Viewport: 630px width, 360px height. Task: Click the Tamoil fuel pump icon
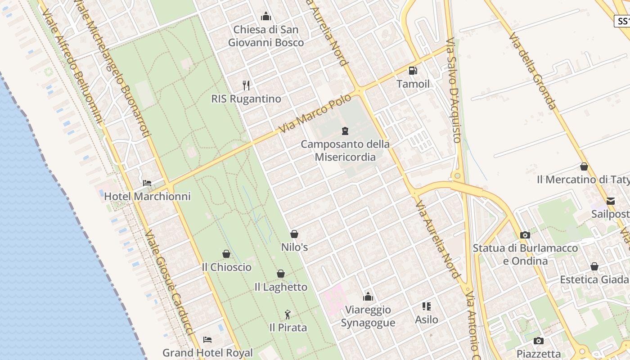413,71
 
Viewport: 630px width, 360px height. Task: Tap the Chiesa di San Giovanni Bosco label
266,36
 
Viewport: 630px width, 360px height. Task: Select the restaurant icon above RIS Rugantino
246,85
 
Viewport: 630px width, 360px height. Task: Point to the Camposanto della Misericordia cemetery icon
345,131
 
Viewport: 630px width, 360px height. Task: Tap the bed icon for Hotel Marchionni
147,183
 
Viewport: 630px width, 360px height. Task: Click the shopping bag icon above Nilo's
294,234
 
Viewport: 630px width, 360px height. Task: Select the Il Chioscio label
226,267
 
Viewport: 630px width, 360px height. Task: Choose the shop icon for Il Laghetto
281,274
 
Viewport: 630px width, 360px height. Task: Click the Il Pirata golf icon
288,315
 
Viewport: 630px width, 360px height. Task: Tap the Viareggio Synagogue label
368,316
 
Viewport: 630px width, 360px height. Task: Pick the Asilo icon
427,306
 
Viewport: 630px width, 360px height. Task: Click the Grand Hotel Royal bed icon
207,339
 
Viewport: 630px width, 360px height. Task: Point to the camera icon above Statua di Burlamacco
525,235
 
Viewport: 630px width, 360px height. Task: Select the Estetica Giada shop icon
594,266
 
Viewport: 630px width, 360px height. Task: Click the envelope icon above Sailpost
611,201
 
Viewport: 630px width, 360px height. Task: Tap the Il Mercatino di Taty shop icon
584,166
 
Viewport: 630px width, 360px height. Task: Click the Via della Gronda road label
532,71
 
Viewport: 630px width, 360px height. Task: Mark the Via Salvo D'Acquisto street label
453,90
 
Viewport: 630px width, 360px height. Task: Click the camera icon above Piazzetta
539,341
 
